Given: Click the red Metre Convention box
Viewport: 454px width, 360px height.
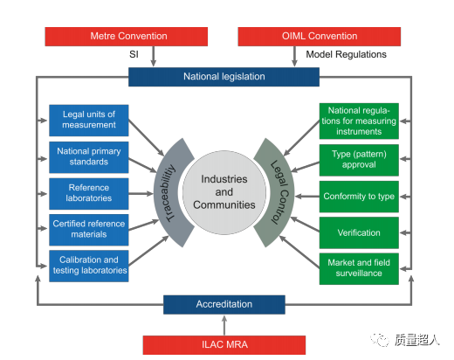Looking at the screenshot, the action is [127, 37].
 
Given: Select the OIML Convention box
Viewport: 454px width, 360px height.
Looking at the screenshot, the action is [320, 37].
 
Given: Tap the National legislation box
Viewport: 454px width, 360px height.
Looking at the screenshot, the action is [224, 77].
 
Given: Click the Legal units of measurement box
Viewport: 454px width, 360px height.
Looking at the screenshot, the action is [89, 121].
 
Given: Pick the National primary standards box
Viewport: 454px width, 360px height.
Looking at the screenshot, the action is [89, 157].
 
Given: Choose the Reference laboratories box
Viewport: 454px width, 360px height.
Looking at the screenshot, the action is [89, 194].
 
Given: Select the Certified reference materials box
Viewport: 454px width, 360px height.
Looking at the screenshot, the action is [89, 230].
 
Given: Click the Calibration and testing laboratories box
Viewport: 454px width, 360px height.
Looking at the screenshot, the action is [89, 266].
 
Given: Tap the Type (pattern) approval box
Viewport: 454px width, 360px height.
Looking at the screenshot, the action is [359, 160].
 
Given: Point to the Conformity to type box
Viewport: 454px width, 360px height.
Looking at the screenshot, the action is [359, 197].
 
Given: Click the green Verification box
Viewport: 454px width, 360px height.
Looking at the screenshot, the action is [359, 232].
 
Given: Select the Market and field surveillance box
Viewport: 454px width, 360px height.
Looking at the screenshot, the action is [359, 269].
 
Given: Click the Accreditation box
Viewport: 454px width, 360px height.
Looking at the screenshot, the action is [224, 305].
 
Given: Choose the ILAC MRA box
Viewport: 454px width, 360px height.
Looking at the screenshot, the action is [224, 345].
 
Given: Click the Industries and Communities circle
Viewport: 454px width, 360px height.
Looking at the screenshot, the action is [224, 192].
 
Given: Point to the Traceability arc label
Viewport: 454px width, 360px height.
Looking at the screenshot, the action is [170, 193].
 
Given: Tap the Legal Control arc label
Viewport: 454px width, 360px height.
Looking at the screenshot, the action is [279, 192].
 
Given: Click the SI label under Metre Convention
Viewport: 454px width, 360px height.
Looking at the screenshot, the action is [134, 54].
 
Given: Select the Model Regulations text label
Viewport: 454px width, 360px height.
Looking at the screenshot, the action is [346, 54].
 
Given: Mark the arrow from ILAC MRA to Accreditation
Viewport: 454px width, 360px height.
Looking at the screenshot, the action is [224, 325].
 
